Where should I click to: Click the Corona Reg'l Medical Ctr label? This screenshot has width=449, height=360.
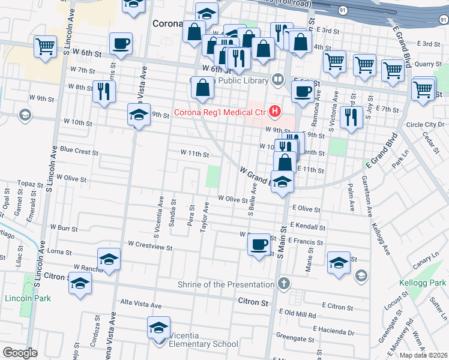pos(220,112)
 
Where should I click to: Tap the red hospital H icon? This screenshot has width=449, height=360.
pos(275,111)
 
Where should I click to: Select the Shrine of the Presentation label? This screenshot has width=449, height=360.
pos(227,284)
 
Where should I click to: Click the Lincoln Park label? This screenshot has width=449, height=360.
pos(27,298)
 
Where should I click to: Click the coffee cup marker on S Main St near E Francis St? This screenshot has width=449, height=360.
pos(259,244)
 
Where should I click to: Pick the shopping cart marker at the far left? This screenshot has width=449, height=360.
pos(45,46)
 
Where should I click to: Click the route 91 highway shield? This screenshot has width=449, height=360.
pos(342,11)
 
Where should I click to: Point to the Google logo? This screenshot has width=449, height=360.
pos(20,352)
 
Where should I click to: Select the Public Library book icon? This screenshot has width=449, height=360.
pos(278,79)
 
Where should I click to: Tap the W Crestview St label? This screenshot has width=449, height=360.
pos(150,245)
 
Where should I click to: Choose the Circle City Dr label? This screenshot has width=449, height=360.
pos(424,125)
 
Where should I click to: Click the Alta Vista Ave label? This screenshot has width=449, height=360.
pos(141,304)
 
